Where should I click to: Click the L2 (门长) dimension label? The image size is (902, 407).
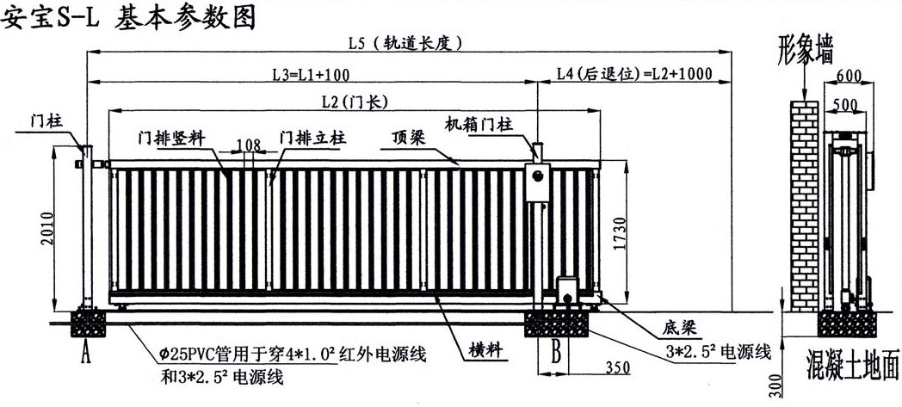pos(353,102)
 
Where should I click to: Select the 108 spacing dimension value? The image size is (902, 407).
pos(248,144)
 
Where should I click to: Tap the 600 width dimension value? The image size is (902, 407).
pos(849,76)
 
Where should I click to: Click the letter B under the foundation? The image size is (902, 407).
pos(556,350)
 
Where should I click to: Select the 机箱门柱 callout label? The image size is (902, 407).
pos(479,124)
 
